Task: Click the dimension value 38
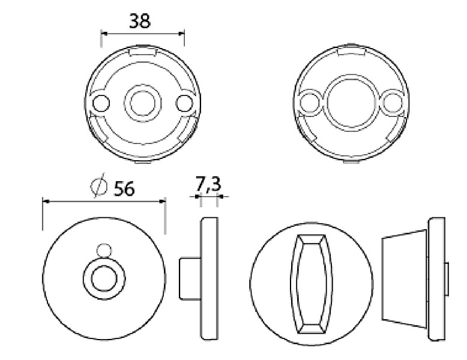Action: (140, 21)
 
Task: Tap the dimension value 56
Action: (124, 188)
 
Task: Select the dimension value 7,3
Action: (208, 184)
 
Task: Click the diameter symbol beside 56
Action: (99, 185)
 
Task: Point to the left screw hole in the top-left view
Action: (101, 103)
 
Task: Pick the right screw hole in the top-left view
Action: (184, 103)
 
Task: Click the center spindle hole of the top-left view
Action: (142, 103)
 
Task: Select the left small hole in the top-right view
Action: (309, 103)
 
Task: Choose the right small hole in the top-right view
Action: (392, 103)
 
